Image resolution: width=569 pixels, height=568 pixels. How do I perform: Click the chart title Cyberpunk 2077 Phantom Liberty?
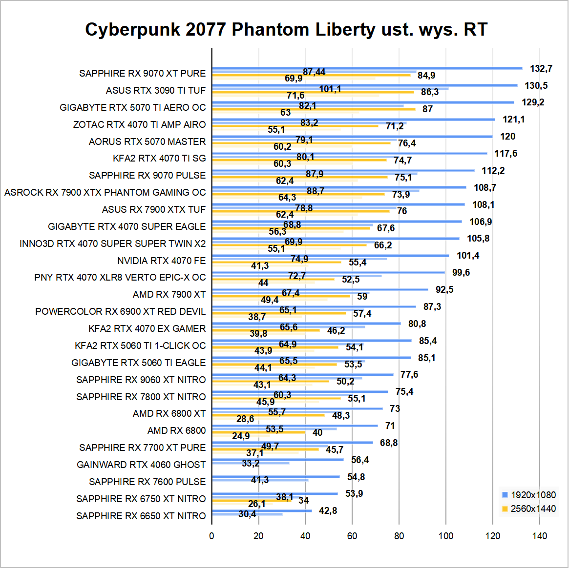[x=286, y=30]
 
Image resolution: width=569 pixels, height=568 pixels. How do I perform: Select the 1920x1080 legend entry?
[x=529, y=495]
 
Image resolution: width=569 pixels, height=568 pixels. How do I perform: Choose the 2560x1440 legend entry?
[x=529, y=509]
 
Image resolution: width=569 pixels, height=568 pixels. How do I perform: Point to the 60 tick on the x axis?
[x=352, y=536]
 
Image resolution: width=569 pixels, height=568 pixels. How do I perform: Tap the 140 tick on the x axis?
[x=540, y=536]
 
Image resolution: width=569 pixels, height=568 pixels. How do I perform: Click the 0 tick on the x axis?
[x=211, y=536]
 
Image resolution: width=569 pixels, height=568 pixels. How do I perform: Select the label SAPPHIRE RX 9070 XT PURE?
[x=143, y=73]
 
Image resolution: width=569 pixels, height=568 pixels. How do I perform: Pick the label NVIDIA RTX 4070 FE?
[x=162, y=261]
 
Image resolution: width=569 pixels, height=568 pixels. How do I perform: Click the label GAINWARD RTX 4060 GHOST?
[x=141, y=465]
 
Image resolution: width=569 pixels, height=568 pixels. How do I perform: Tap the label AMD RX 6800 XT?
[x=169, y=413]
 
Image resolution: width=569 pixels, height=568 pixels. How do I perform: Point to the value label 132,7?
[x=541, y=68]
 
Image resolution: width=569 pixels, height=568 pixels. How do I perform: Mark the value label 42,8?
[x=328, y=510]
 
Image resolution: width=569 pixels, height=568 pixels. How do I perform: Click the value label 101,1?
[x=330, y=89]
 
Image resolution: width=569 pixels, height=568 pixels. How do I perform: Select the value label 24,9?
[x=241, y=436]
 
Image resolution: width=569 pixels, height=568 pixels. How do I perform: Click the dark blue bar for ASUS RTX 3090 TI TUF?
[x=364, y=85]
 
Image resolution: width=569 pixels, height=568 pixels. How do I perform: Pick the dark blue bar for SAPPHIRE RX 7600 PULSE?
[x=276, y=477]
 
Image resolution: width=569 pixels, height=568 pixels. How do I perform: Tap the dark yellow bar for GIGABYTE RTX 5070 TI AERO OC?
[x=314, y=109]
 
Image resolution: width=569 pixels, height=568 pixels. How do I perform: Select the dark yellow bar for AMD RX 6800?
[x=258, y=432]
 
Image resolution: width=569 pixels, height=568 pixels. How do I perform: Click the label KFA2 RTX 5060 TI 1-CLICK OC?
[x=141, y=345]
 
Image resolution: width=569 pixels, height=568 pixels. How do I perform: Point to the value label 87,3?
[x=432, y=306]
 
